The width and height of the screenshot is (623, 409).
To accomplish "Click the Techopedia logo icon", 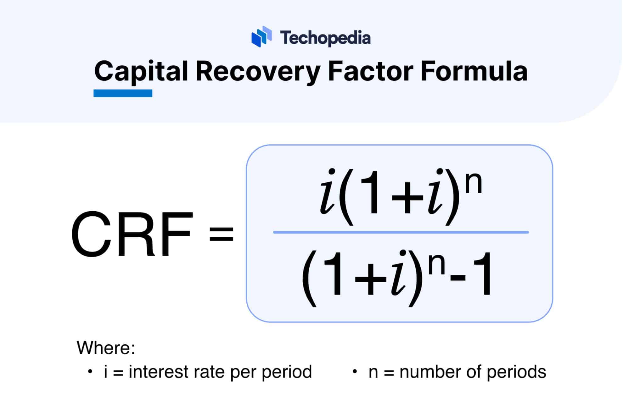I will (261, 37).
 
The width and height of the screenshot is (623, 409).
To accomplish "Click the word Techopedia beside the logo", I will (325, 38).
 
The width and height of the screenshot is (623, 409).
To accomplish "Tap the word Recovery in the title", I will (258, 72).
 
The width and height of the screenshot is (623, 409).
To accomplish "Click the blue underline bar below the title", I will (123, 93).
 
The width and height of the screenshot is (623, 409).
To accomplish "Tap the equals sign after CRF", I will (221, 234).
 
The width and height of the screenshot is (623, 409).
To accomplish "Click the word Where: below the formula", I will (106, 348).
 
